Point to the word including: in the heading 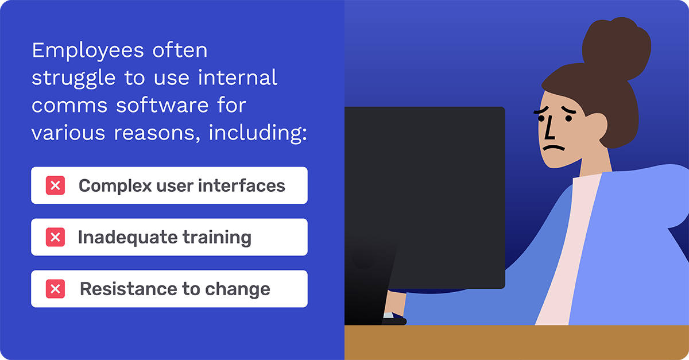[258, 133]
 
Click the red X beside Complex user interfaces [55, 185]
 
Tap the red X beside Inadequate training [55, 237]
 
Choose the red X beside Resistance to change [55, 289]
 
